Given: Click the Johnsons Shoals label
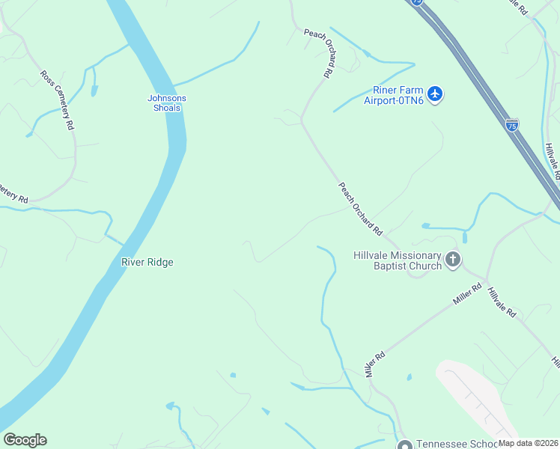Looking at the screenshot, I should tap(166, 103).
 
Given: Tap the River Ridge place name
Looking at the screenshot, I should tap(147, 262).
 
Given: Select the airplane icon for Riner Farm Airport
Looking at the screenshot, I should tap(435, 94).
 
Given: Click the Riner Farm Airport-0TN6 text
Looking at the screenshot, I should tap(394, 95).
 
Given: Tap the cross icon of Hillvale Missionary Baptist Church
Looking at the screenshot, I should tap(453, 260).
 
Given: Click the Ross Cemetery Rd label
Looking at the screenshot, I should tap(58, 100).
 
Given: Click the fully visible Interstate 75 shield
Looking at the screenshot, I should tap(512, 125).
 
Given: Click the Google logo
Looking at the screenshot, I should tap(25, 440).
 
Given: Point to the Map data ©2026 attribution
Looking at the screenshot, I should tap(529, 443).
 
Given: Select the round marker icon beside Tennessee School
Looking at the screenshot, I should tap(405, 444).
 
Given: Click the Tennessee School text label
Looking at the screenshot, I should tap(448, 443).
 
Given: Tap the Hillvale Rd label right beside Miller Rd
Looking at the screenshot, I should tap(502, 302).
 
